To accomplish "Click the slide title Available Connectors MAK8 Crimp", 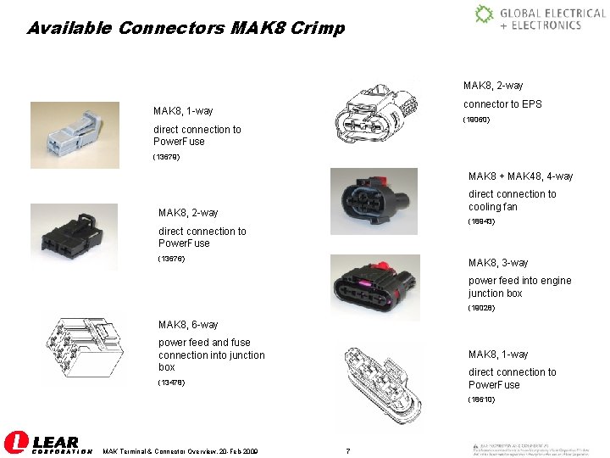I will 186,28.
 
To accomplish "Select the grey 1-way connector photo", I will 75,131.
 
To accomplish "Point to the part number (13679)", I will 167,157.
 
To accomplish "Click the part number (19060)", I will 476,120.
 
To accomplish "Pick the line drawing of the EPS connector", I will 376,112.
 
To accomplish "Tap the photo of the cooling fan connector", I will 373,200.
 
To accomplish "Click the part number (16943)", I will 482,222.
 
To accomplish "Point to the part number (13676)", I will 173,258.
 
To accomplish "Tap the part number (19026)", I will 481,307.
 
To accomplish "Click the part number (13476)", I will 173,383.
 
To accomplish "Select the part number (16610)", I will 482,399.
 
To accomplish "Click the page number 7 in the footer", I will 347,450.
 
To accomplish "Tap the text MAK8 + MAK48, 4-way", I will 520,176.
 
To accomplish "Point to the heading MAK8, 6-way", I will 188,325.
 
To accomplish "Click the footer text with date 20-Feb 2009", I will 180,450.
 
